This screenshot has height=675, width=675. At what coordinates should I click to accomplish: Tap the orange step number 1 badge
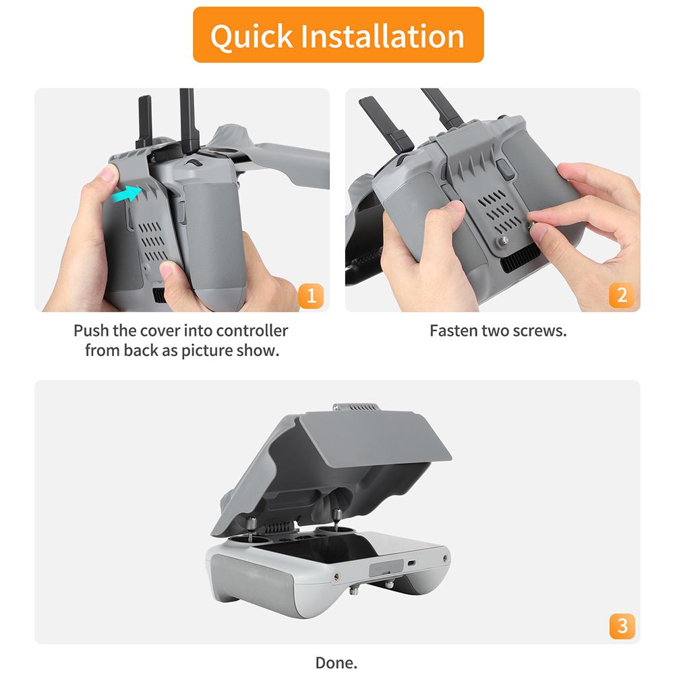pos(310,295)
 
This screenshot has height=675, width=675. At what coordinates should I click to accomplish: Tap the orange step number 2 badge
pos(621,295)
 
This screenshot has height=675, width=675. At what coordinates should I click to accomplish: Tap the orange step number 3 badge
pos(621,626)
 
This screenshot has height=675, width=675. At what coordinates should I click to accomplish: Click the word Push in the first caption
pos(92,331)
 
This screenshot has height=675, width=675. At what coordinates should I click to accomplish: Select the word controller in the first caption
pos(252,331)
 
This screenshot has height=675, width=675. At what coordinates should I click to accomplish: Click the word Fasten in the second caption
pos(453,331)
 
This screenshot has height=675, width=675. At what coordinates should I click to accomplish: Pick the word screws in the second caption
pos(544,331)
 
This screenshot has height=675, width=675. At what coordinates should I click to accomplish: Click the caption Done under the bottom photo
pos(336,663)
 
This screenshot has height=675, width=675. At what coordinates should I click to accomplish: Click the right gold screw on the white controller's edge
pos(445,559)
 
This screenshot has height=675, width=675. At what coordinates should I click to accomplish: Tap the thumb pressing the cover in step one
pos(108,179)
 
